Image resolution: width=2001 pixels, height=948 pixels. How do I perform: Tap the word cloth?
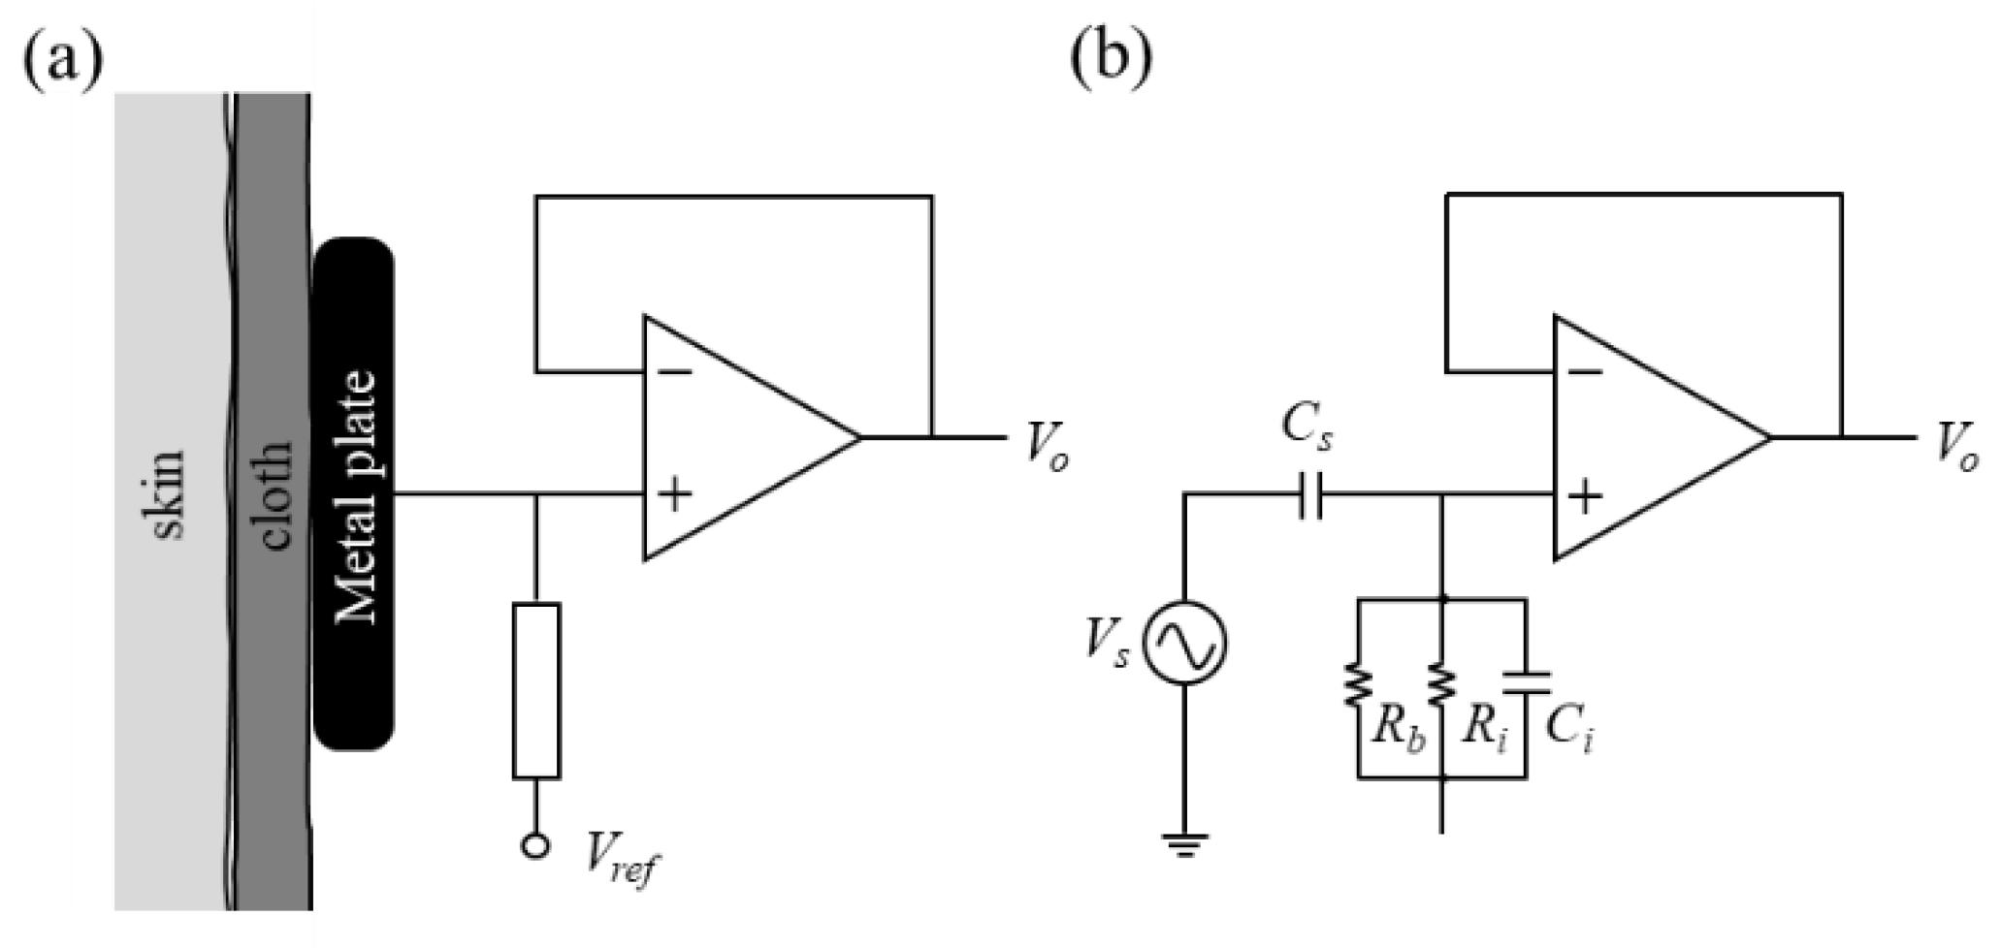pyautogui.click(x=275, y=495)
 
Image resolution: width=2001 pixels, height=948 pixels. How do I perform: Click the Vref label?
pyautogui.click(x=619, y=857)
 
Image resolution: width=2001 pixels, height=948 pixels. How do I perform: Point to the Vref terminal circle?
pyautogui.click(x=534, y=845)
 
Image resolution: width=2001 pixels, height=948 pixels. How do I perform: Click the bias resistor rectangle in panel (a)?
pyautogui.click(x=535, y=690)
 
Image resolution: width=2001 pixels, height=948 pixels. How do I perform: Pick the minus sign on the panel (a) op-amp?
pyautogui.click(x=675, y=372)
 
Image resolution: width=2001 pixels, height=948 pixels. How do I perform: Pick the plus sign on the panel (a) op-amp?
pyautogui.click(x=675, y=496)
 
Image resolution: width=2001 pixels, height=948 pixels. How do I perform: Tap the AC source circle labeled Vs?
pyautogui.click(x=1184, y=644)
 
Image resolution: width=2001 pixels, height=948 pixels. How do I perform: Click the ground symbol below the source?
pyautogui.click(x=1184, y=845)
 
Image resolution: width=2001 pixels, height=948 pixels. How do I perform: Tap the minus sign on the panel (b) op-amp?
pyautogui.click(x=1585, y=372)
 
